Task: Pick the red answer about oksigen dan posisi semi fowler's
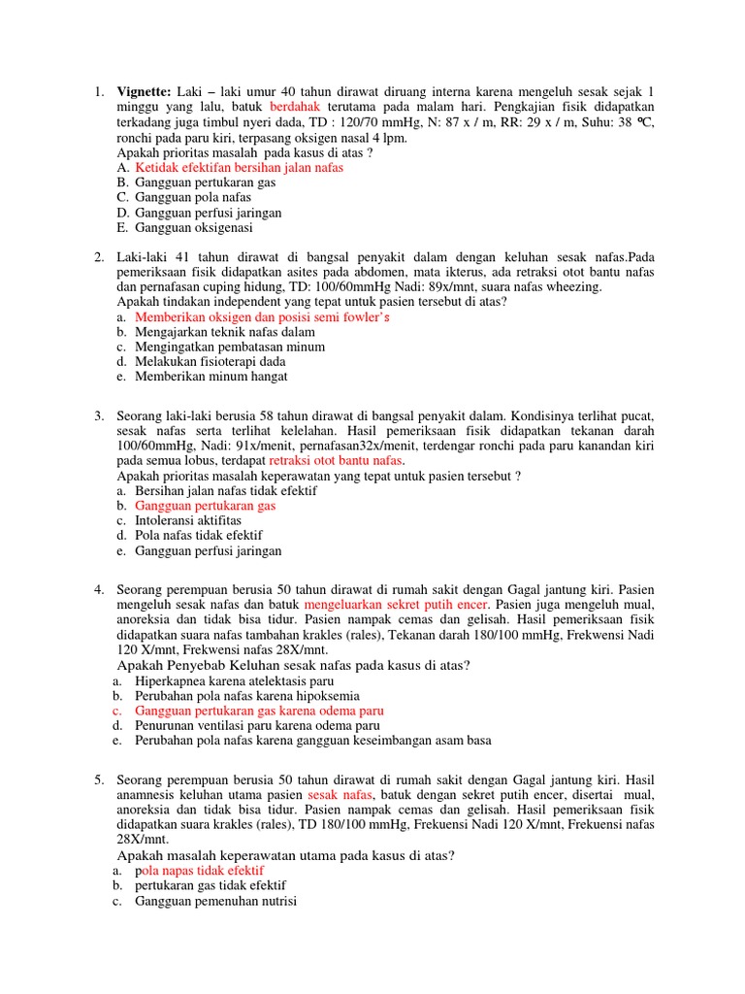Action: coord(262,317)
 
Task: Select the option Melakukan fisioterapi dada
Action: coord(211,361)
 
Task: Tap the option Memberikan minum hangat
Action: coord(211,377)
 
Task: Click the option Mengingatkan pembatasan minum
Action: coord(230,347)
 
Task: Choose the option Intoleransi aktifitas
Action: coord(188,521)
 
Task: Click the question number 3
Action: coord(99,416)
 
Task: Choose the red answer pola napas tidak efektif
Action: coord(199,871)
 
